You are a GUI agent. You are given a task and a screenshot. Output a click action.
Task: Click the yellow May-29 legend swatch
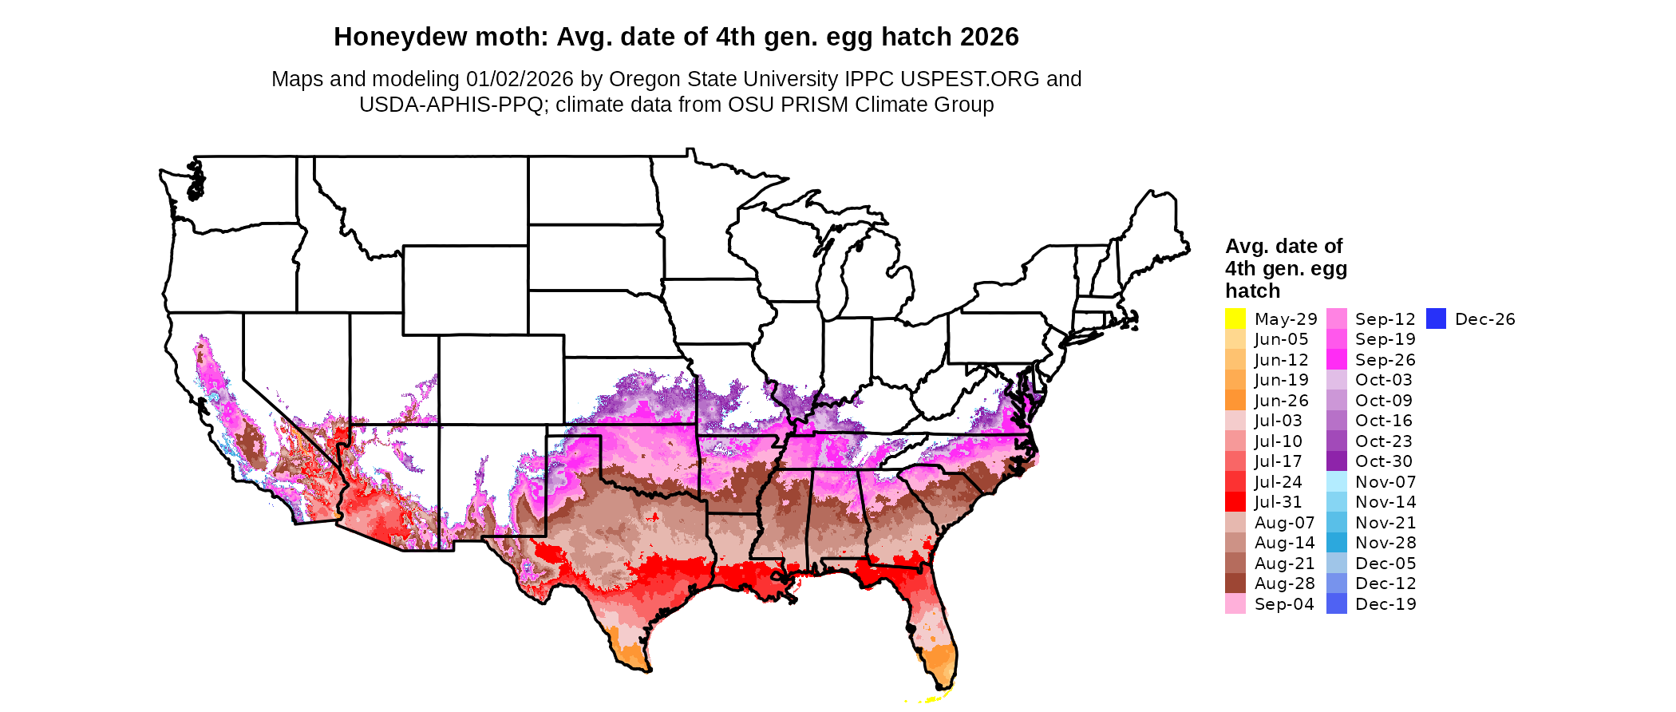(x=1235, y=318)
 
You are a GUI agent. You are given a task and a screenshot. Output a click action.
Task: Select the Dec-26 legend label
(x=1484, y=319)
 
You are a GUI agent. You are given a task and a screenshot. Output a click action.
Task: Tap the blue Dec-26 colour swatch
(x=1436, y=318)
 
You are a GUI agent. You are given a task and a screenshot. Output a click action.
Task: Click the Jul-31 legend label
(x=1278, y=502)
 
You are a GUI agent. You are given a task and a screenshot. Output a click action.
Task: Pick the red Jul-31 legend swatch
(x=1235, y=502)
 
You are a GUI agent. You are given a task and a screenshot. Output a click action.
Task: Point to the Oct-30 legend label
(x=1383, y=461)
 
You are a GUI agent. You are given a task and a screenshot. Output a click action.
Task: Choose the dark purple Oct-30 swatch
(x=1337, y=461)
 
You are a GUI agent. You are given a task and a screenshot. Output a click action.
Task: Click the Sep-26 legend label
(x=1385, y=360)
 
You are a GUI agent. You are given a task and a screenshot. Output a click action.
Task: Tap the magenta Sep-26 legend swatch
(x=1337, y=360)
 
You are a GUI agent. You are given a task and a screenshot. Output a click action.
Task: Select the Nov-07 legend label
(x=1385, y=482)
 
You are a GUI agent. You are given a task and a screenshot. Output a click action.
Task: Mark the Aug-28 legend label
(x=1284, y=583)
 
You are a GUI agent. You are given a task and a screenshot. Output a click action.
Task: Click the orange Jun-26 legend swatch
(x=1235, y=401)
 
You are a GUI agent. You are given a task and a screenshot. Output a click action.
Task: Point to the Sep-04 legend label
(x=1284, y=604)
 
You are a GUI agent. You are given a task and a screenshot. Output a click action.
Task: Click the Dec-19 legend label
(x=1385, y=604)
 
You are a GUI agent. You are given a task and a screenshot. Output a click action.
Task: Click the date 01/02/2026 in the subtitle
(x=520, y=79)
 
